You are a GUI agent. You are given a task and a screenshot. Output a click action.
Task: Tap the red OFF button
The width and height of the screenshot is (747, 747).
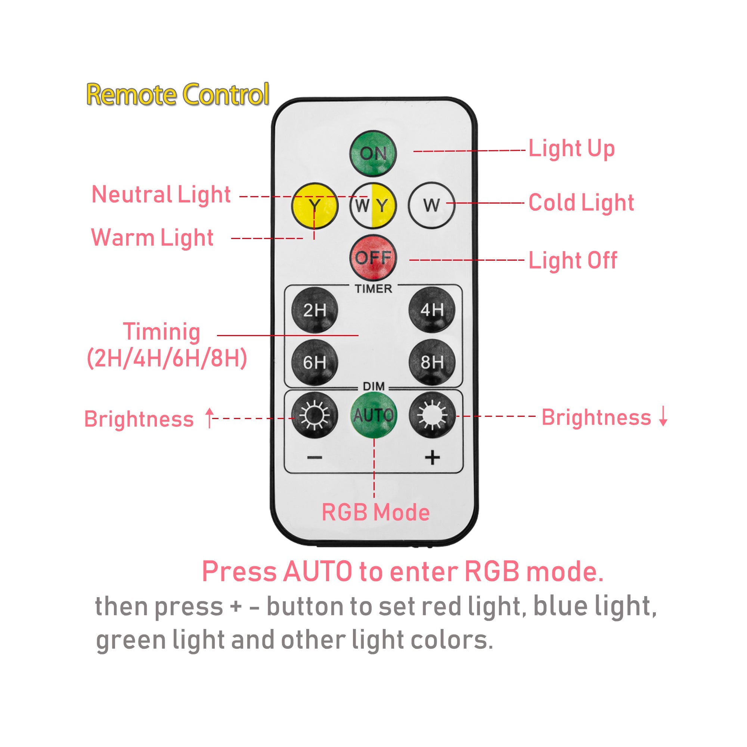(x=373, y=257)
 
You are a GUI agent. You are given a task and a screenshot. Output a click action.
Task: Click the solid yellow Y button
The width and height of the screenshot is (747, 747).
(x=315, y=205)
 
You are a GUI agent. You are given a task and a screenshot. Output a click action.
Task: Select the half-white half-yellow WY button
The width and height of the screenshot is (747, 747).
(x=373, y=205)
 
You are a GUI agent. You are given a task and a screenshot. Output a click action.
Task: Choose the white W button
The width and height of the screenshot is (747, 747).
(x=431, y=205)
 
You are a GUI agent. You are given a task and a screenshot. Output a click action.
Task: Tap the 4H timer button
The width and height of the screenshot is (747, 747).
(x=432, y=310)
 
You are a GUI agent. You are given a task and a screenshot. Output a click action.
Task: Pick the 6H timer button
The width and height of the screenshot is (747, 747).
(x=315, y=362)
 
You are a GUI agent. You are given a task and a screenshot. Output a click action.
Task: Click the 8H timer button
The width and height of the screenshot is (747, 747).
(x=432, y=362)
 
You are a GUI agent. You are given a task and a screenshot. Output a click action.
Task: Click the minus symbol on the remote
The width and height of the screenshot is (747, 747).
(x=315, y=458)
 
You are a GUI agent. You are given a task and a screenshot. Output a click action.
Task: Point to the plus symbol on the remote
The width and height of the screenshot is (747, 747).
(x=432, y=458)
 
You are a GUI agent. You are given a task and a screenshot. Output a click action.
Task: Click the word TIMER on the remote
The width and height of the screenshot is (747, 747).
(x=373, y=289)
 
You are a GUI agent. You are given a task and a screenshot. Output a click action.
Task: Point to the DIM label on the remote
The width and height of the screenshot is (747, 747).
(x=374, y=386)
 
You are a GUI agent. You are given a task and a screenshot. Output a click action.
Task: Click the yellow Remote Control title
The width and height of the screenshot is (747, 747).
(x=178, y=95)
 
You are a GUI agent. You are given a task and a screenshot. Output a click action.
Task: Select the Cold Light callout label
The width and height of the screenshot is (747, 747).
(x=581, y=203)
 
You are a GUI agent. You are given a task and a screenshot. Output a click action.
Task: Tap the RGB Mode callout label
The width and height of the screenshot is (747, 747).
(x=375, y=513)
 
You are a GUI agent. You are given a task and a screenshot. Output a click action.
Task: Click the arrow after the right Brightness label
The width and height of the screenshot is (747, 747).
(x=663, y=416)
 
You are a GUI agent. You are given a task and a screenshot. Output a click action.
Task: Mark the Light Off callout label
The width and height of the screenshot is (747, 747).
(x=573, y=261)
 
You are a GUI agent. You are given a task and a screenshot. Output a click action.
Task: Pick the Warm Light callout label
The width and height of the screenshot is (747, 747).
(x=152, y=238)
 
